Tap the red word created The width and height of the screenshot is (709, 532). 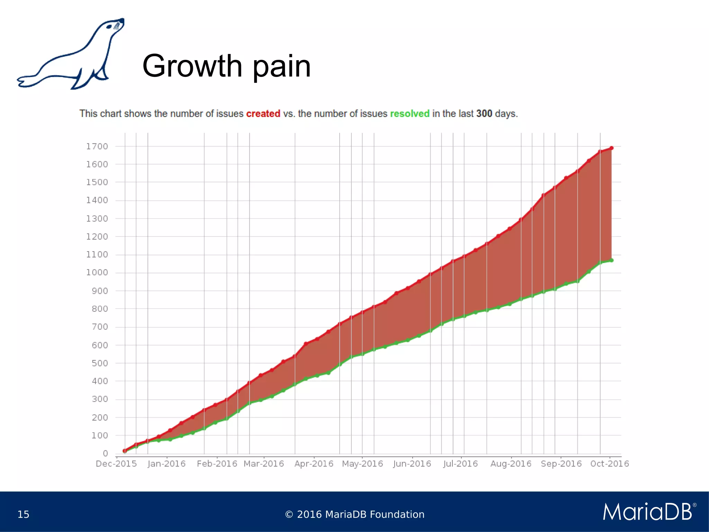coord(263,114)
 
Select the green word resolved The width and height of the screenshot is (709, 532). coord(410,114)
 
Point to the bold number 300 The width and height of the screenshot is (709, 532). coord(484,114)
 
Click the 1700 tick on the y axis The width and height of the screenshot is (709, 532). coord(97,147)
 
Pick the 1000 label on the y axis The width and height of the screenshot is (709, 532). coord(97,273)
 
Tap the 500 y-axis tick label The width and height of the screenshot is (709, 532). coord(100,363)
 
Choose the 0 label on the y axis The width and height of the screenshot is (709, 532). coord(105,453)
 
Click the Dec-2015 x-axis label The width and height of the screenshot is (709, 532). coord(116,464)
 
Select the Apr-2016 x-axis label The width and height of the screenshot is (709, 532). coord(314,464)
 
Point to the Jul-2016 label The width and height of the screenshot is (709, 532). coord(460,464)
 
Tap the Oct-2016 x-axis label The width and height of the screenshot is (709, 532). coord(609,464)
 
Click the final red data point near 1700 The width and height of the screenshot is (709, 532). coord(611,148)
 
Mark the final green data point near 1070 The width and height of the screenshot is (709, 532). coord(611,260)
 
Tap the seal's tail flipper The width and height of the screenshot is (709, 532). coord(26,82)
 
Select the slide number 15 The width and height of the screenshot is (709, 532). coord(23,514)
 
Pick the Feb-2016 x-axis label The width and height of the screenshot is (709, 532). coord(217,464)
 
